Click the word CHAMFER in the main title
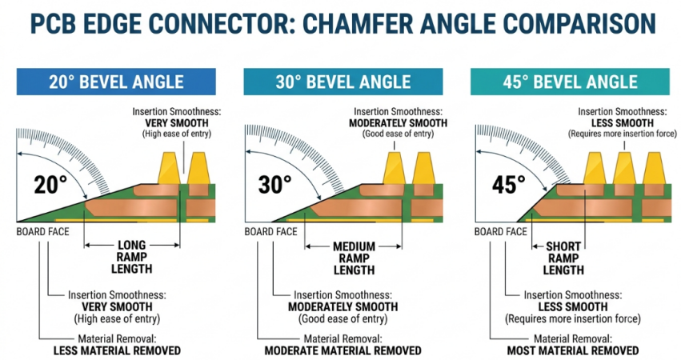tap(359, 24)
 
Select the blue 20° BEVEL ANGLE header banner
tap(116, 82)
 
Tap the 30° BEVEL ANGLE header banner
tap(343, 82)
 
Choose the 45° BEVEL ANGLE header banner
tap(570, 82)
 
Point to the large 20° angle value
tap(50, 184)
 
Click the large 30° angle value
tap(275, 184)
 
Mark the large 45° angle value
tap(509, 184)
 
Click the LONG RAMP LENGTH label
tap(132, 257)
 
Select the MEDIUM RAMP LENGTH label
tap(354, 258)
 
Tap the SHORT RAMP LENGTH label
tap(563, 258)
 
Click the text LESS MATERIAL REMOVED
tap(118, 350)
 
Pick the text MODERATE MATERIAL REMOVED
tap(343, 350)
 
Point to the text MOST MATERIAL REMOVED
tap(573, 350)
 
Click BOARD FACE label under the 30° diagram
tap(270, 232)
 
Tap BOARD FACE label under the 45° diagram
tap(500, 232)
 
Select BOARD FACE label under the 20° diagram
tap(42, 232)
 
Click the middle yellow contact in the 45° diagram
tap(624, 168)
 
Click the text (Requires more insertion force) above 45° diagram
tap(623, 134)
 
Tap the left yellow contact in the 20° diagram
tap(169, 168)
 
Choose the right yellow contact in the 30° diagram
tap(423, 168)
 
